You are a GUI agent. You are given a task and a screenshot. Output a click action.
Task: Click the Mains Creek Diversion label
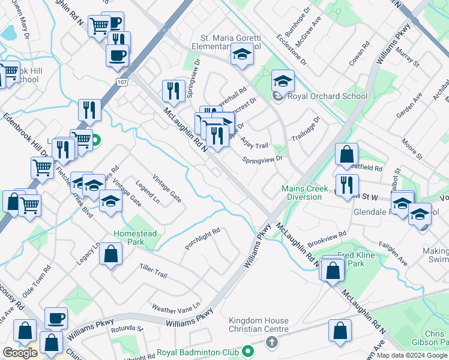tap(305, 193)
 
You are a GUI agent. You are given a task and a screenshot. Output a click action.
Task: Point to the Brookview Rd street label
tap(327, 239)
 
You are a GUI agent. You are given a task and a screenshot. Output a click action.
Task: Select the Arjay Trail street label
tap(254, 142)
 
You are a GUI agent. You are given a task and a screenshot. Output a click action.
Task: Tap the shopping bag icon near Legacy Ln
tap(111, 254)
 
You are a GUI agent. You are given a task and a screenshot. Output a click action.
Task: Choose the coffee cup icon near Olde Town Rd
tap(56, 319)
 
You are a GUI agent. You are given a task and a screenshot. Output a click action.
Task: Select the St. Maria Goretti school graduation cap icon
tap(242, 55)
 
